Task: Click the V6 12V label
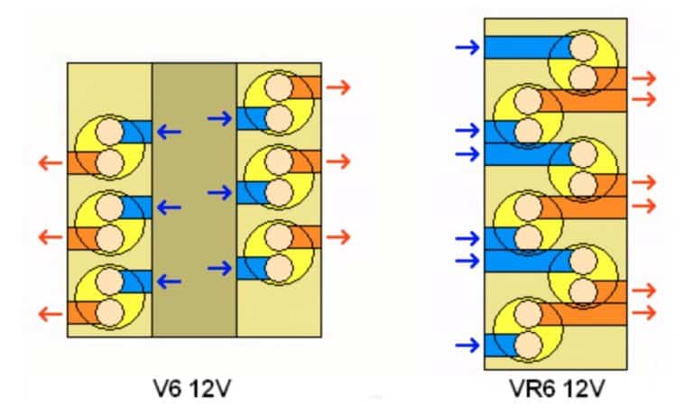(194, 390)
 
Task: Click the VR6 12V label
(554, 390)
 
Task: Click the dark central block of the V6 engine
(194, 199)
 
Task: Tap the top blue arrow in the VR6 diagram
(468, 47)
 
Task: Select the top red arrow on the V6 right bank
(338, 88)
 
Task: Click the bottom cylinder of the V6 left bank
(109, 298)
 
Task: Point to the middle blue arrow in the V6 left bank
(168, 207)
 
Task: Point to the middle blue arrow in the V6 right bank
(220, 192)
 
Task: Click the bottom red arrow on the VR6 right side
(643, 312)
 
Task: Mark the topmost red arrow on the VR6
(643, 78)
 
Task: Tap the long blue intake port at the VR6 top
(523, 48)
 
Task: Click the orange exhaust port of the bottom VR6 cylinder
(587, 313)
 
